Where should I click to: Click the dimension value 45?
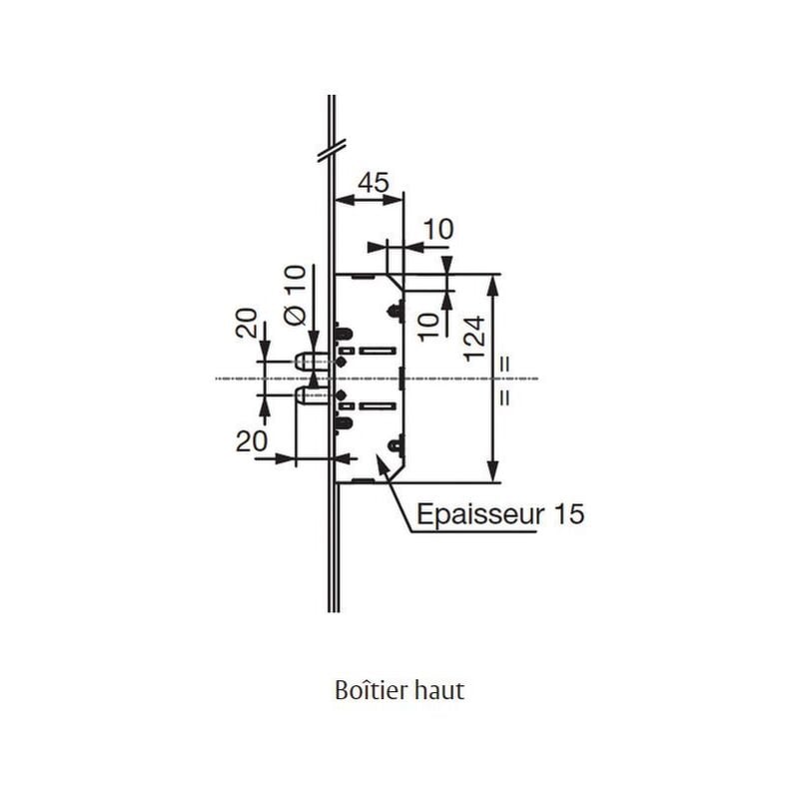pos(373,182)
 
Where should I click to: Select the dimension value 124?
pos(474,338)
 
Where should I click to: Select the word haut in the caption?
pos(440,691)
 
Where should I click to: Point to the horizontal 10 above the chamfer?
pos(437,230)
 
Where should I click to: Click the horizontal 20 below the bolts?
pos(252,440)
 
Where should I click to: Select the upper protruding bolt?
pos(308,359)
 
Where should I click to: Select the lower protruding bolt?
pos(308,398)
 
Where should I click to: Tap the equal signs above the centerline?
pos(505,363)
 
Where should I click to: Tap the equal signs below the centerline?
pos(505,397)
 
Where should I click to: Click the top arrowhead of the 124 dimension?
pos(491,283)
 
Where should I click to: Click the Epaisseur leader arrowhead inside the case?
pos(380,460)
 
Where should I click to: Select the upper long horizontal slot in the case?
pos(378,351)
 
